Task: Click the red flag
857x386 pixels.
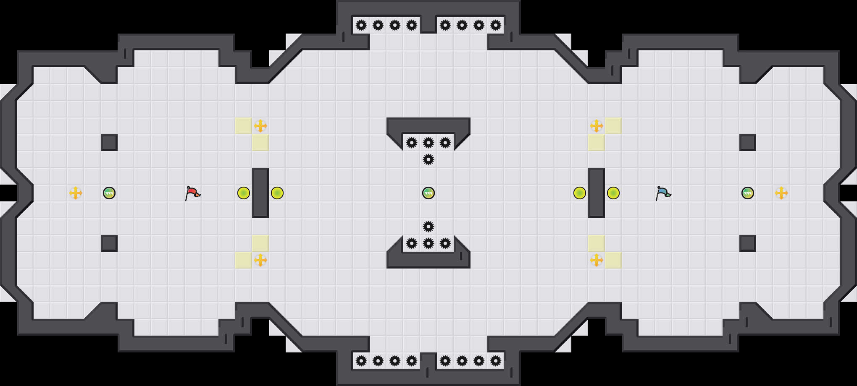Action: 192,193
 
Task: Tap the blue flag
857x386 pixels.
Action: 663,193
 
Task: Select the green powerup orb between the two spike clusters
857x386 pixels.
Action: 428,193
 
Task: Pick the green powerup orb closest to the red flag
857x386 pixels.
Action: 109,193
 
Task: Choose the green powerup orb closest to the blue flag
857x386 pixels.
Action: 748,193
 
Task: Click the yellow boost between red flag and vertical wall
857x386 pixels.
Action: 244,193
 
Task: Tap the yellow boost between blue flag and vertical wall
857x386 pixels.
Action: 613,193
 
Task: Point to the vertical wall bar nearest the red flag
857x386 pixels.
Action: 260,193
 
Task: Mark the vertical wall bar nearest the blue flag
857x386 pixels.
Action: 597,193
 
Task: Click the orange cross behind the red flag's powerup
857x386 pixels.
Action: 76,193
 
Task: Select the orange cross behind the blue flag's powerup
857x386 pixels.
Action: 781,193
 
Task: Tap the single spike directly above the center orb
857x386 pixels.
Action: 428,159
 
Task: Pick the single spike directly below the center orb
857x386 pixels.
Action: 428,227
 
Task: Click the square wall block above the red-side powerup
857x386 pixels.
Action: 109,143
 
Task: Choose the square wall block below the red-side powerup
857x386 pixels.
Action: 109,243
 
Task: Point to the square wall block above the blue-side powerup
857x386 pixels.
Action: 748,143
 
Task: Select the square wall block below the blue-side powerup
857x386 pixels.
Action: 748,243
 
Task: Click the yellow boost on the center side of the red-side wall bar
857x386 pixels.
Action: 277,193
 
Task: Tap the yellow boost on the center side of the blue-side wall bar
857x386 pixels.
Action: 580,193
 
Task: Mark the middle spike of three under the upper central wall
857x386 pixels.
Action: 428,143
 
